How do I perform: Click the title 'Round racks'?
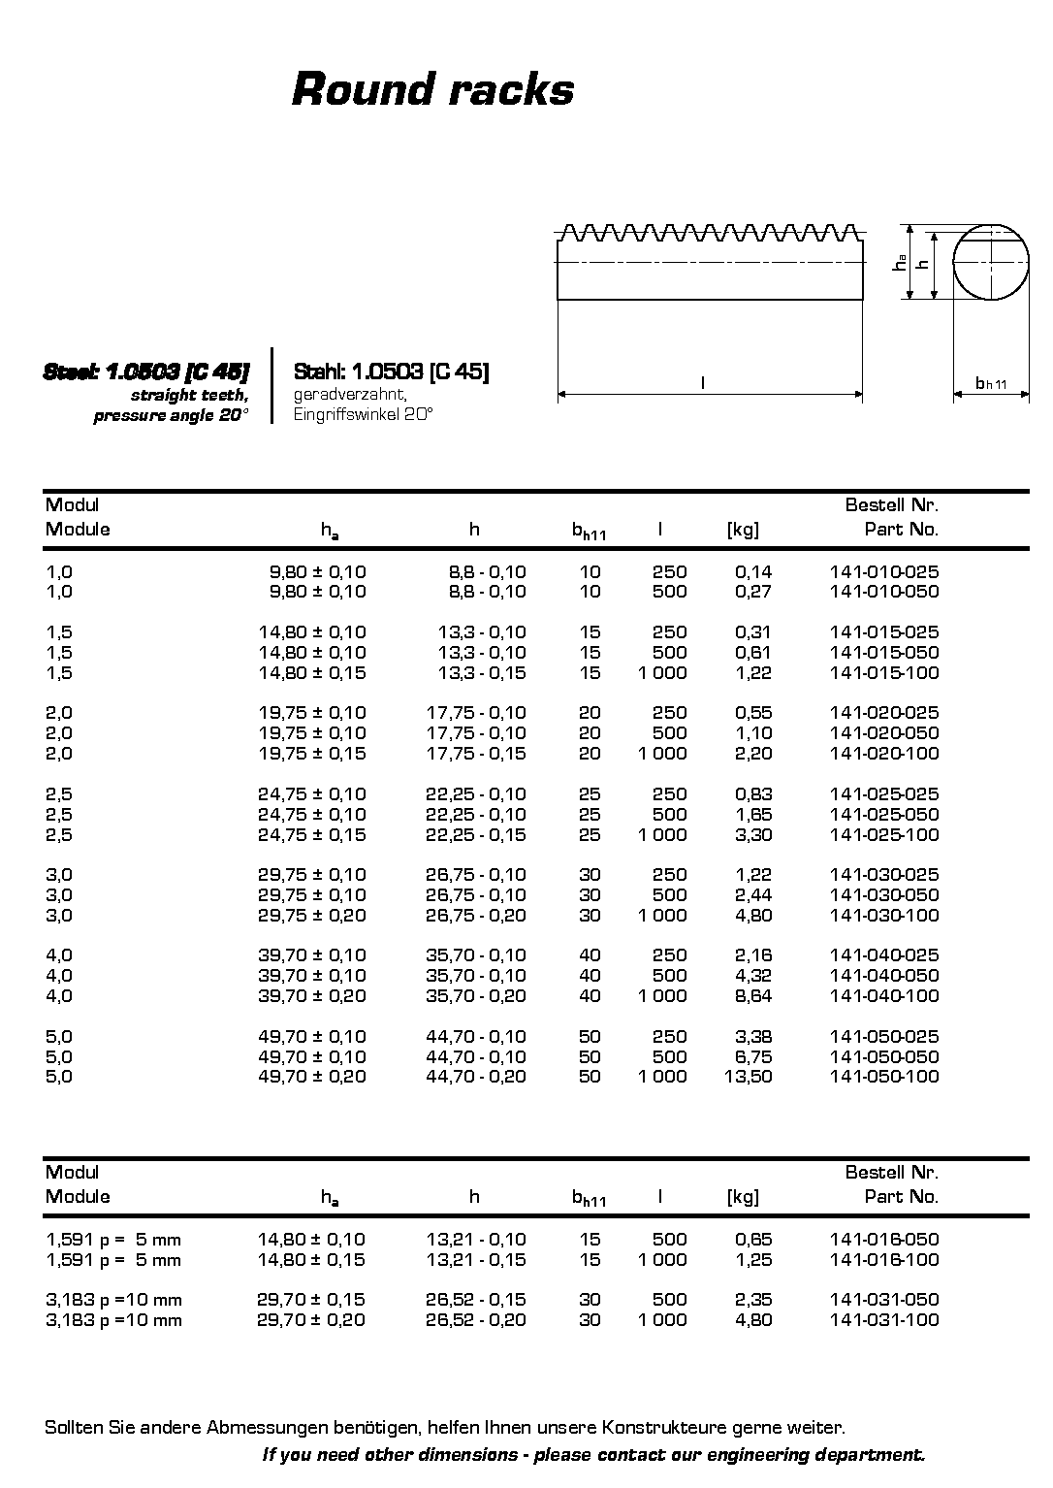pos(432,89)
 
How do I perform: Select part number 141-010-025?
pos(884,571)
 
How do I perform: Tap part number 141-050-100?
pos(884,1076)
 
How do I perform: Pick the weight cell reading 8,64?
pos(753,995)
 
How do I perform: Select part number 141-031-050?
pos(884,1299)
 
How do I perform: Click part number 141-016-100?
pos(884,1259)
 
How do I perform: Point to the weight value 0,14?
pos(753,571)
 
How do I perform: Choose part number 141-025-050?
pos(884,814)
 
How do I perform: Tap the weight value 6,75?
pos(753,1056)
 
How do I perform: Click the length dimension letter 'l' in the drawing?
pos(702,383)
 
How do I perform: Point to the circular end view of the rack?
pos(991,262)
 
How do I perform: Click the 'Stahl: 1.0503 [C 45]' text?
pos(391,372)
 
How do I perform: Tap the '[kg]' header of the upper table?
pos(743,529)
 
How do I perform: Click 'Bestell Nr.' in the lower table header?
pos(891,1172)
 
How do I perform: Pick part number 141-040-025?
pos(884,954)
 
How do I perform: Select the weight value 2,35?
pos(753,1299)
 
